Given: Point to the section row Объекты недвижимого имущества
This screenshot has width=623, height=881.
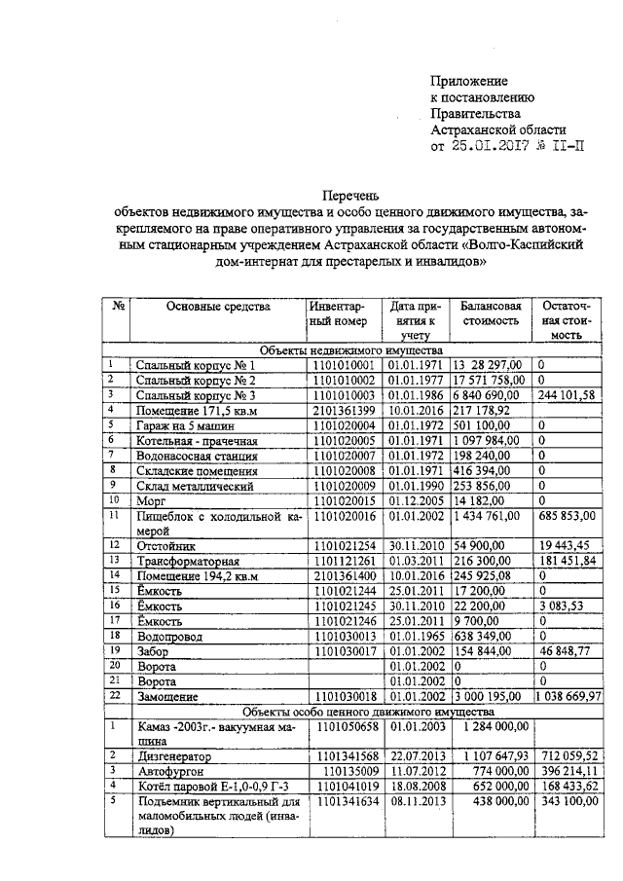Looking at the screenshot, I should (351, 350).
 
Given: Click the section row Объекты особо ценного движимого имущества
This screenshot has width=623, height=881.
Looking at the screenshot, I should (351, 712).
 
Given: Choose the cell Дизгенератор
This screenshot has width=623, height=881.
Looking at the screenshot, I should (176, 754).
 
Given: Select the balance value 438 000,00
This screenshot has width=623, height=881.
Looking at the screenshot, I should (495, 800).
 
